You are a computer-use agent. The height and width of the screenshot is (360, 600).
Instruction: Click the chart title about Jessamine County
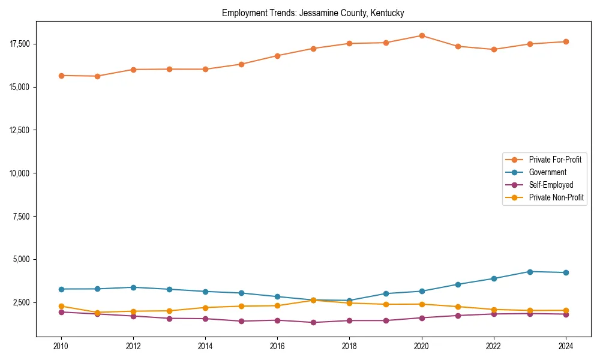(313, 13)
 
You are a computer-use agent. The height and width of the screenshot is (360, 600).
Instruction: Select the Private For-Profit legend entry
(555, 160)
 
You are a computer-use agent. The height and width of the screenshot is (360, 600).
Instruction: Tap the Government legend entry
(547, 172)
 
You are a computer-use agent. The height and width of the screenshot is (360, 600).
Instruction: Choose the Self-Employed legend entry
(551, 185)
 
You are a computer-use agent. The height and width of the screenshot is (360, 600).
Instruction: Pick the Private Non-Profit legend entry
(556, 197)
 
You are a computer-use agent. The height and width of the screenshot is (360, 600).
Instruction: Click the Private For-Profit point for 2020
(422, 35)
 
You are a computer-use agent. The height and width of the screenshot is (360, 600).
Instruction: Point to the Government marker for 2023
(530, 272)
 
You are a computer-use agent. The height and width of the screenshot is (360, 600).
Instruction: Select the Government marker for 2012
(133, 287)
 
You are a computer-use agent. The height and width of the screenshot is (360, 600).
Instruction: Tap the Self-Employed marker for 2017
(313, 322)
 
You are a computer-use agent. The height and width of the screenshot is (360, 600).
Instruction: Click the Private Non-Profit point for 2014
(205, 308)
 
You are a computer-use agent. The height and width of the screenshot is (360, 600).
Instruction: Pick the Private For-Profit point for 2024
(566, 41)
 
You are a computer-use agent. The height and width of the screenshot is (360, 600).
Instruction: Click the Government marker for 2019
(386, 293)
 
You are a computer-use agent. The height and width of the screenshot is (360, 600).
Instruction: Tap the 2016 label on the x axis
(277, 346)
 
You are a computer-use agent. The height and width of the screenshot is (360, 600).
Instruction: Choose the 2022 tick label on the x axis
(494, 346)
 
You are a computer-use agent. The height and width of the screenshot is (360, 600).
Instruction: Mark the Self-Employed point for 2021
(458, 316)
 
